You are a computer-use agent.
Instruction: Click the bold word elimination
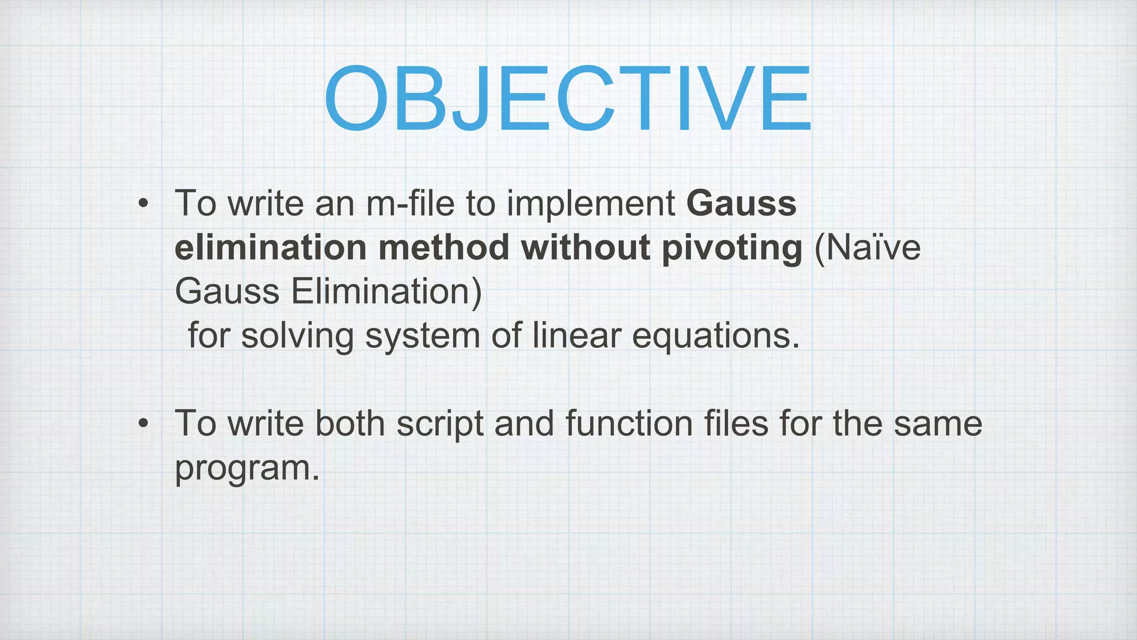pos(270,248)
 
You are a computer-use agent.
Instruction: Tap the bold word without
pos(585,248)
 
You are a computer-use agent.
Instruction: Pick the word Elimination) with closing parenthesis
pos(386,292)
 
